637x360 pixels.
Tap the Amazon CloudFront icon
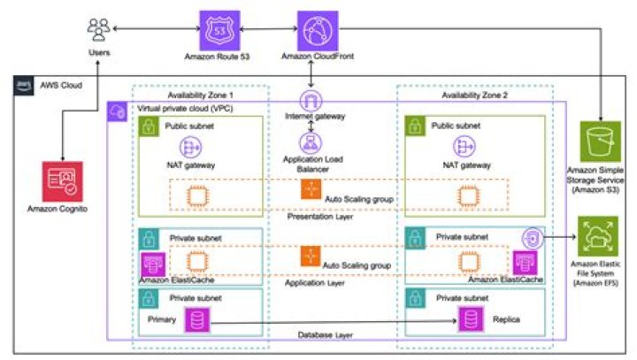[x=316, y=32]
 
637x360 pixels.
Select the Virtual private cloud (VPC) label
[x=186, y=107]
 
